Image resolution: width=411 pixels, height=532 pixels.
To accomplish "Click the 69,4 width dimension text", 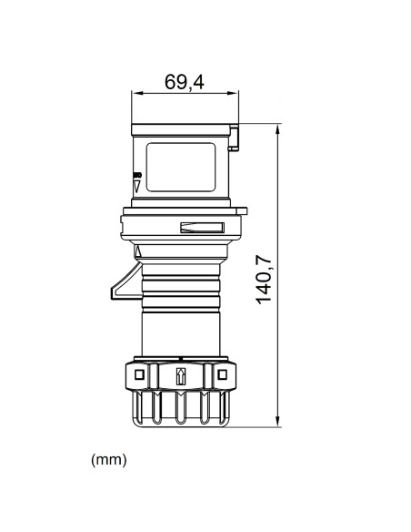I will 185,80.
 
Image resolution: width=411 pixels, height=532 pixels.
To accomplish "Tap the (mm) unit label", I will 109,460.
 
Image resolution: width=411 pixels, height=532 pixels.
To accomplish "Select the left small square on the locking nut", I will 138,374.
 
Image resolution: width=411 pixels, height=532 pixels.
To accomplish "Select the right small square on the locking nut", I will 221,374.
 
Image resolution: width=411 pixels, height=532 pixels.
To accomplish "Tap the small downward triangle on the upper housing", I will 137,185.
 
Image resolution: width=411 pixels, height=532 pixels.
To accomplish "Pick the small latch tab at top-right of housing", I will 236,137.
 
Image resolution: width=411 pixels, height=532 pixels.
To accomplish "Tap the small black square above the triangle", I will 137,175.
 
